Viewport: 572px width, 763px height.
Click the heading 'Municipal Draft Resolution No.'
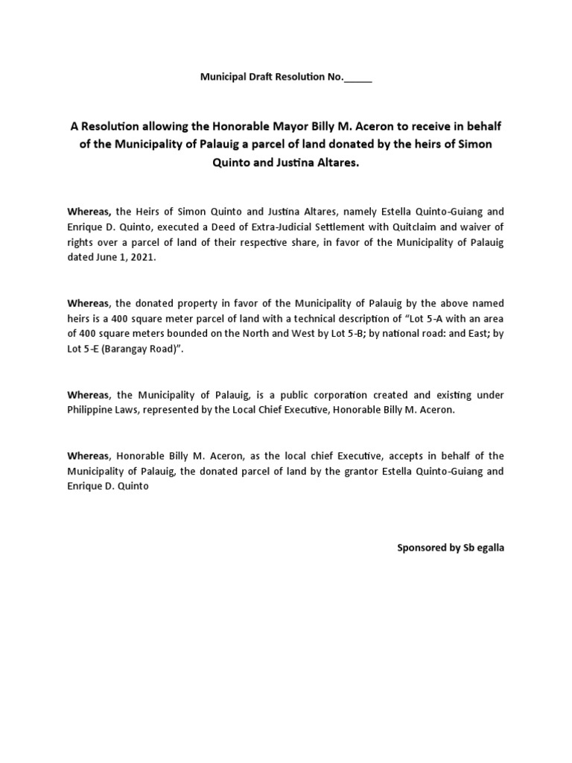pos(272,77)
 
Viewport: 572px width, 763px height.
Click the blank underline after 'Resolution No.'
pos(357,78)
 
